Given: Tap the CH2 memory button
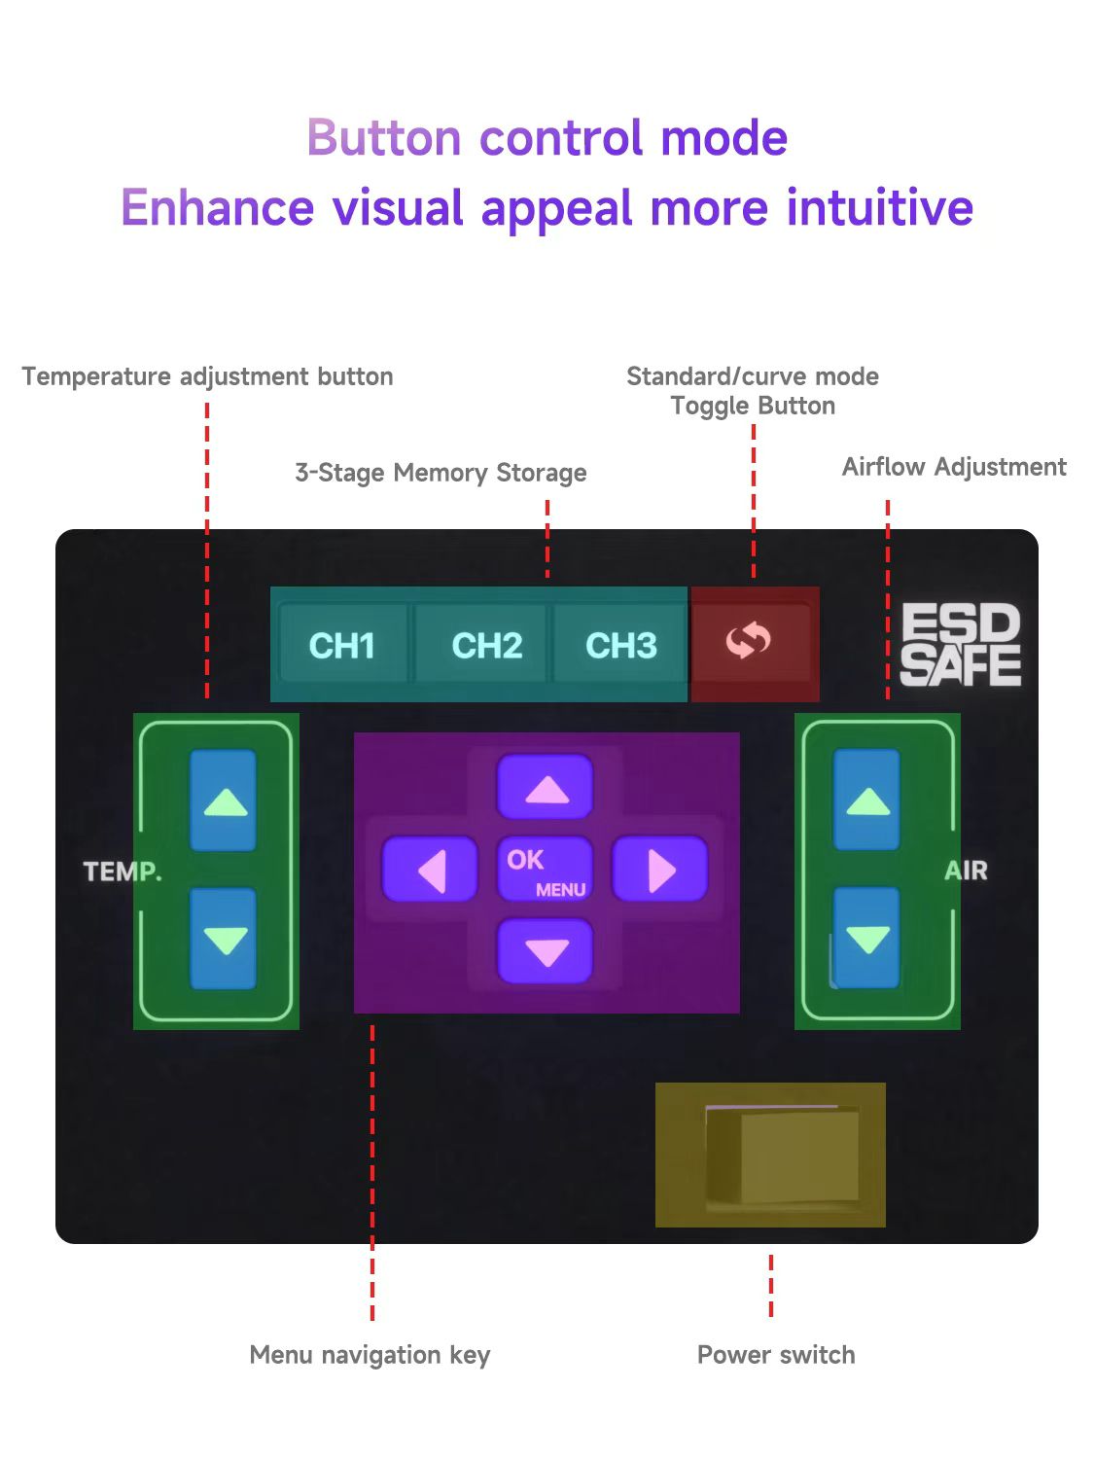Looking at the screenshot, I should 486,645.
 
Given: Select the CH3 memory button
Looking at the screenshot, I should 620,645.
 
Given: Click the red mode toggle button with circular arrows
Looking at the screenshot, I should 749,642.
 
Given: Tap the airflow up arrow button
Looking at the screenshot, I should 867,801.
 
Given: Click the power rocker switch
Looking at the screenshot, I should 783,1156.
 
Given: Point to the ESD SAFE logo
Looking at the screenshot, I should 960,645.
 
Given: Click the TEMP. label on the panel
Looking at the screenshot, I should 123,872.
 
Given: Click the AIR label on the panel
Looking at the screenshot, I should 966,871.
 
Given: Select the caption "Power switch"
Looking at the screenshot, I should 776,1355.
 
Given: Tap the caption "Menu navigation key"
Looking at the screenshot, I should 370,1355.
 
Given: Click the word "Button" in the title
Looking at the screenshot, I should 384,137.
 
